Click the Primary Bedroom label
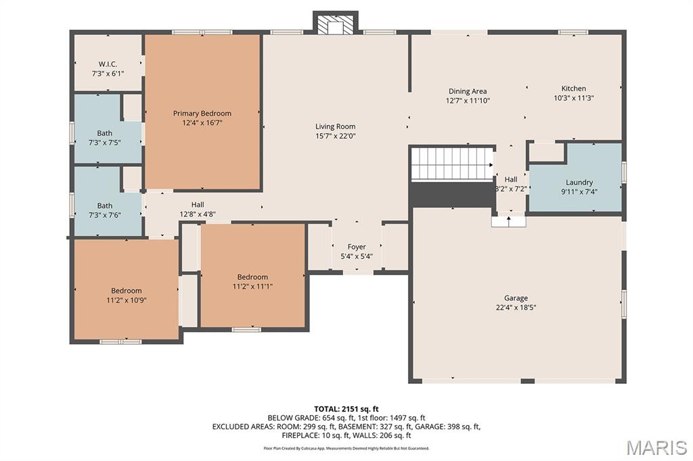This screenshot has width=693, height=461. click(202, 114)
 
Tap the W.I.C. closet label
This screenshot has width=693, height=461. click(108, 64)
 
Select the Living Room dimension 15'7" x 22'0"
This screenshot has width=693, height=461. click(335, 136)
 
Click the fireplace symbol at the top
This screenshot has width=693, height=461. click(335, 24)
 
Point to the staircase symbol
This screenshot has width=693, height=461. click(452, 164)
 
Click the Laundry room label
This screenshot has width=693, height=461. click(579, 183)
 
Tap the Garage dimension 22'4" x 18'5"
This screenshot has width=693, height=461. click(516, 308)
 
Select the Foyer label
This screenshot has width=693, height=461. click(357, 247)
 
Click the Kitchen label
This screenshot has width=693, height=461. click(573, 89)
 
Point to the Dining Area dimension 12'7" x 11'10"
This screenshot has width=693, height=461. click(467, 101)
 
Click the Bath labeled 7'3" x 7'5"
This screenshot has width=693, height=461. click(105, 133)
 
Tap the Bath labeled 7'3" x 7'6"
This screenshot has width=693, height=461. click(105, 205)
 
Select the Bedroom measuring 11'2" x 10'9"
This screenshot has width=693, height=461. click(127, 291)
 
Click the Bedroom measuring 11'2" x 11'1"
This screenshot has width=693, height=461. click(252, 277)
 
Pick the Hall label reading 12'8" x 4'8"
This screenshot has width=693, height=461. click(197, 205)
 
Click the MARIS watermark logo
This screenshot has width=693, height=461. click(656, 447)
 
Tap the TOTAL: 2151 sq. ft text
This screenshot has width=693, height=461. click(346, 409)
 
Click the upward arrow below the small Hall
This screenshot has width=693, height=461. click(508, 220)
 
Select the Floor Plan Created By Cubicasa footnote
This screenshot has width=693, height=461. click(346, 448)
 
